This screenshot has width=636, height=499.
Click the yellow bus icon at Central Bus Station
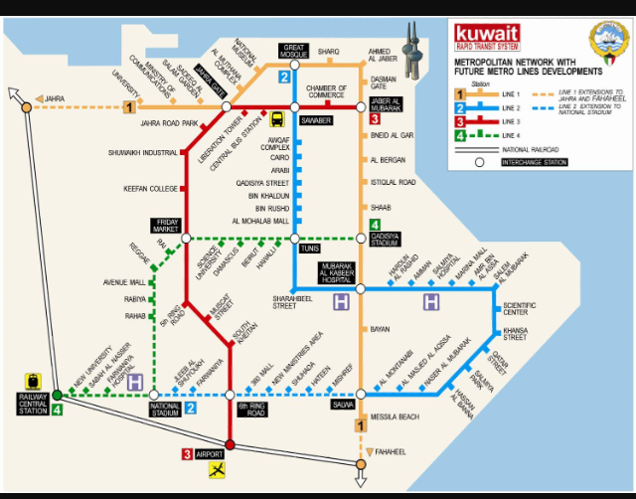[x=276, y=118]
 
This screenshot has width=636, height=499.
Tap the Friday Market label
[x=164, y=226]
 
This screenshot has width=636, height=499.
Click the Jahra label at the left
[x=54, y=98]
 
